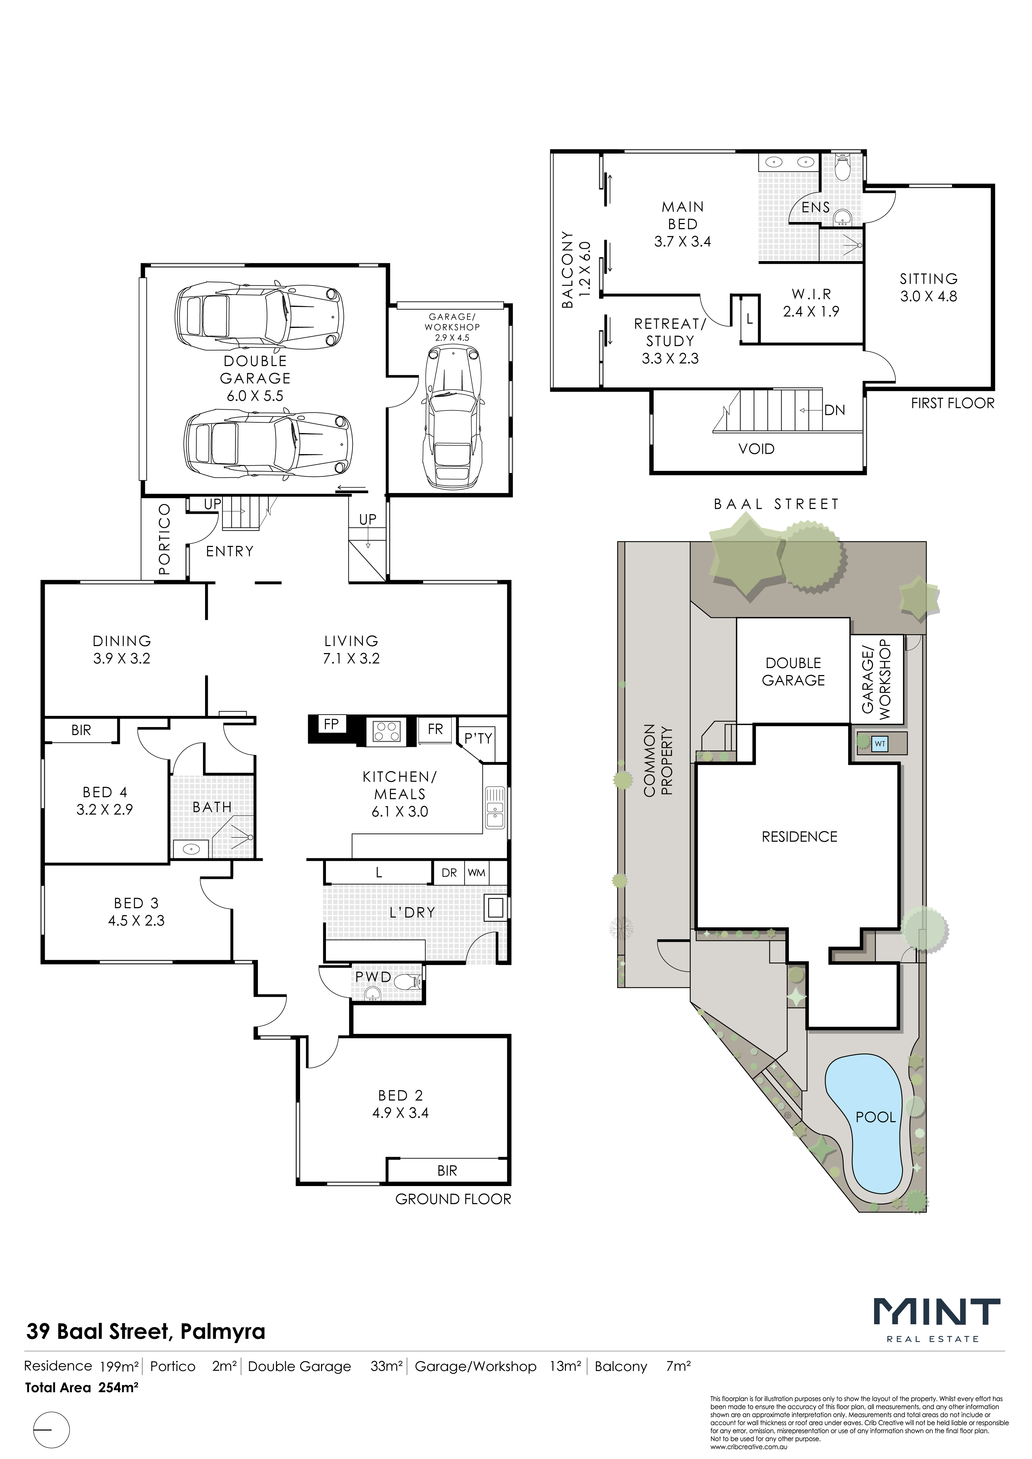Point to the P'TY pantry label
(478, 738)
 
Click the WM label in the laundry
(476, 873)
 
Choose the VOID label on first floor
(757, 449)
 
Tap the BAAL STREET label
(776, 505)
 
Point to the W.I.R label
(811, 294)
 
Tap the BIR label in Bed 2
(447, 1170)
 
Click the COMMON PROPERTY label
(658, 760)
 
